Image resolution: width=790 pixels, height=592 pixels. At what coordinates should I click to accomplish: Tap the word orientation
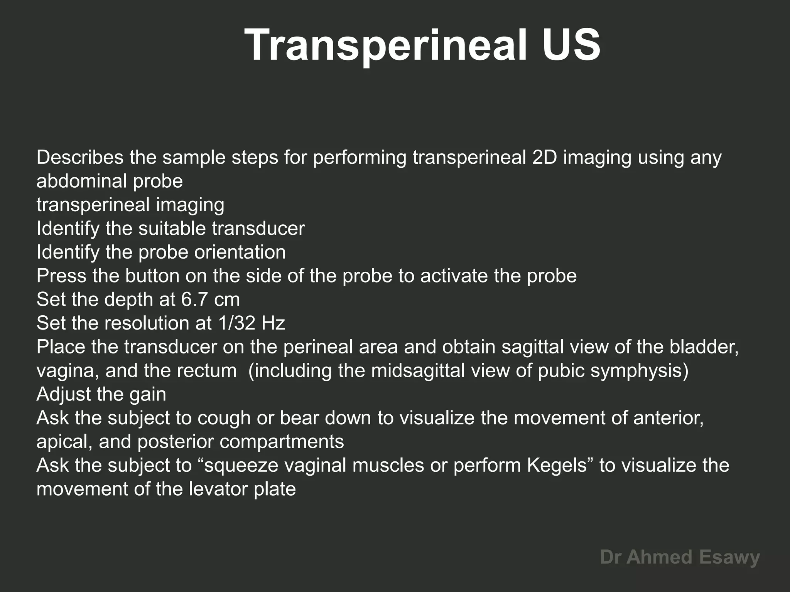pyautogui.click(x=240, y=252)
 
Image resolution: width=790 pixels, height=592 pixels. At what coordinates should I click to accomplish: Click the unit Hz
pyautogui.click(x=273, y=323)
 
